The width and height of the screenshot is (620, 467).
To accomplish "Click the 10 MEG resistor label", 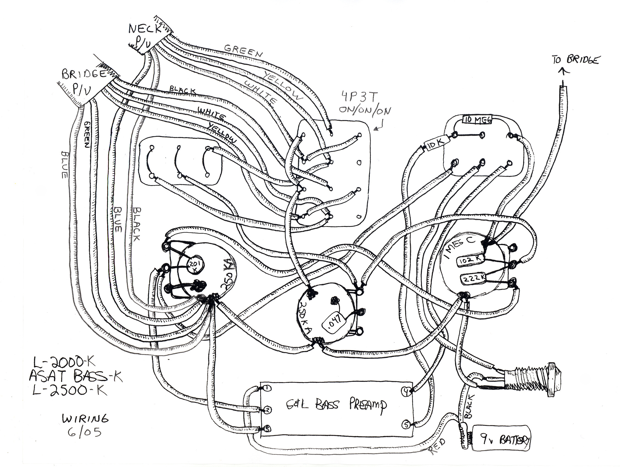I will (x=477, y=120).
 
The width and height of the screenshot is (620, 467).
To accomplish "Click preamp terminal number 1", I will (x=267, y=388).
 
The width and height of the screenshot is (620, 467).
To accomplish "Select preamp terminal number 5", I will (x=406, y=424).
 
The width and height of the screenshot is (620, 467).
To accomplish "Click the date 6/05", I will (x=84, y=433).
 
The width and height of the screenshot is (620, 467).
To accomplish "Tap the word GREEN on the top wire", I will (x=243, y=51).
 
